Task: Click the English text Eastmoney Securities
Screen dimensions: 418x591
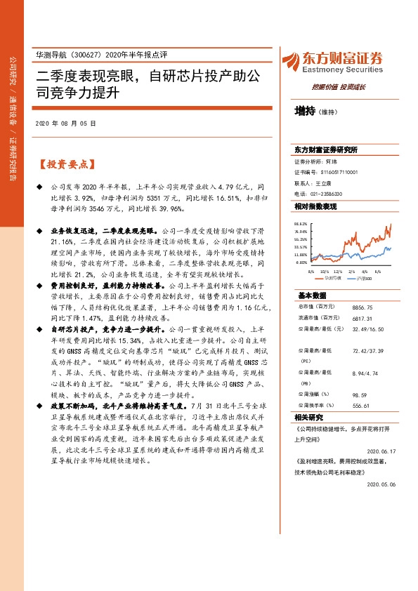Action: click(344, 69)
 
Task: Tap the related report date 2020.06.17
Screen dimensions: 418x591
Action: click(384, 452)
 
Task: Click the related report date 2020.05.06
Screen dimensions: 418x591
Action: click(384, 484)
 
